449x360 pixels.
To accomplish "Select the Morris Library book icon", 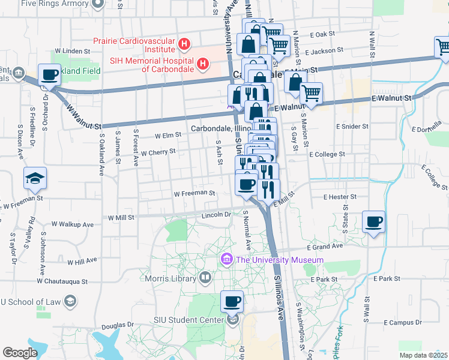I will (x=205, y=278).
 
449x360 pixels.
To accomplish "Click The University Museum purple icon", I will (x=227, y=259).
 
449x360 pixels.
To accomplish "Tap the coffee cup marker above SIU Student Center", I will (x=232, y=302).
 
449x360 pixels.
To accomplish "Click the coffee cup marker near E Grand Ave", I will (x=374, y=223).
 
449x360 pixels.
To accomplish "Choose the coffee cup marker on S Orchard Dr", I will (x=50, y=76).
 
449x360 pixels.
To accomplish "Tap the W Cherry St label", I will (x=158, y=152).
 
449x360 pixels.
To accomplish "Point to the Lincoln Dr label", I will (x=217, y=214).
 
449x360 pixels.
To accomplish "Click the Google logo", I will (x=20, y=353).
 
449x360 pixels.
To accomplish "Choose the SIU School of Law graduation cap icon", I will (x=70, y=301).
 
